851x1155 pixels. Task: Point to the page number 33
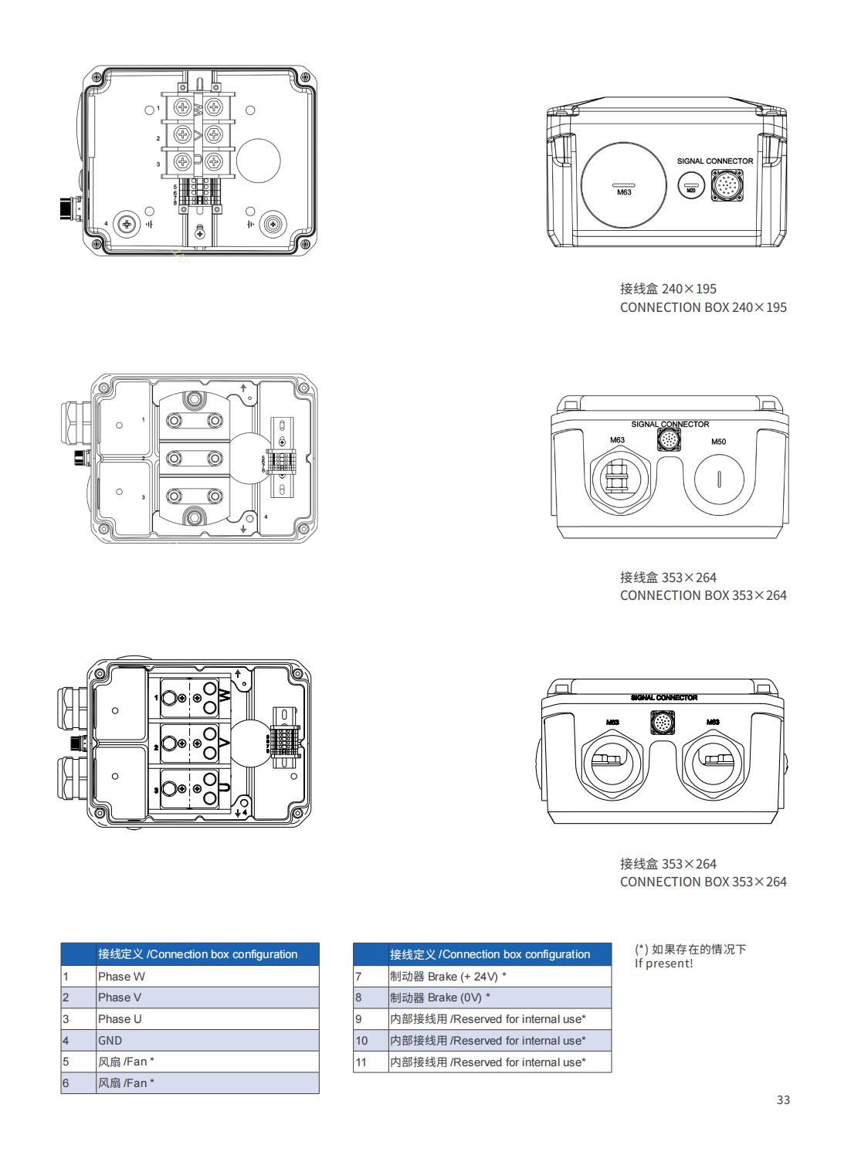click(783, 1099)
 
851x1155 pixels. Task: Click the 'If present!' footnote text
click(663, 964)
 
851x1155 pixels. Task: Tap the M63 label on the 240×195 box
click(624, 192)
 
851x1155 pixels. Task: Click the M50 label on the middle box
click(718, 442)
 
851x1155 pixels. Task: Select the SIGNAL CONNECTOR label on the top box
click(714, 161)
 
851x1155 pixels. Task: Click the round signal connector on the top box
click(727, 186)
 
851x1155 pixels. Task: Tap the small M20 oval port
click(691, 186)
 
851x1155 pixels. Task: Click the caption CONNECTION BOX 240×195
click(703, 307)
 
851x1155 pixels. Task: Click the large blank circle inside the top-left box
click(258, 161)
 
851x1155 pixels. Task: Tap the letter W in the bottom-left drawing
click(225, 696)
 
